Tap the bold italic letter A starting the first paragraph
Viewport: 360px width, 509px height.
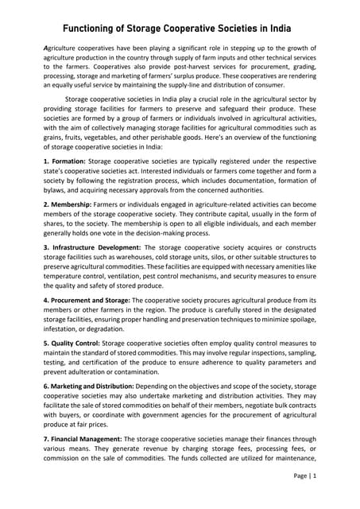click(x=46, y=49)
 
